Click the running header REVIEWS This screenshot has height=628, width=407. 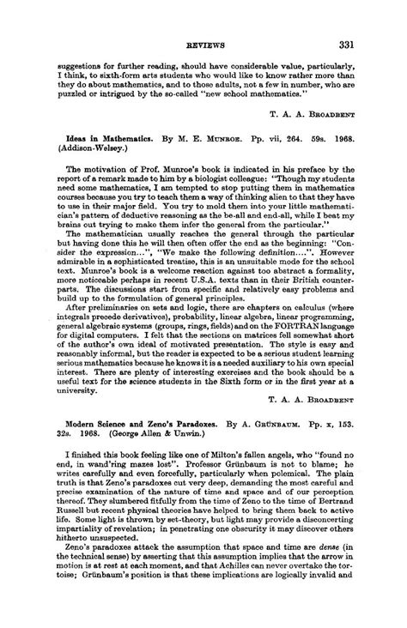pyautogui.click(x=203, y=45)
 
